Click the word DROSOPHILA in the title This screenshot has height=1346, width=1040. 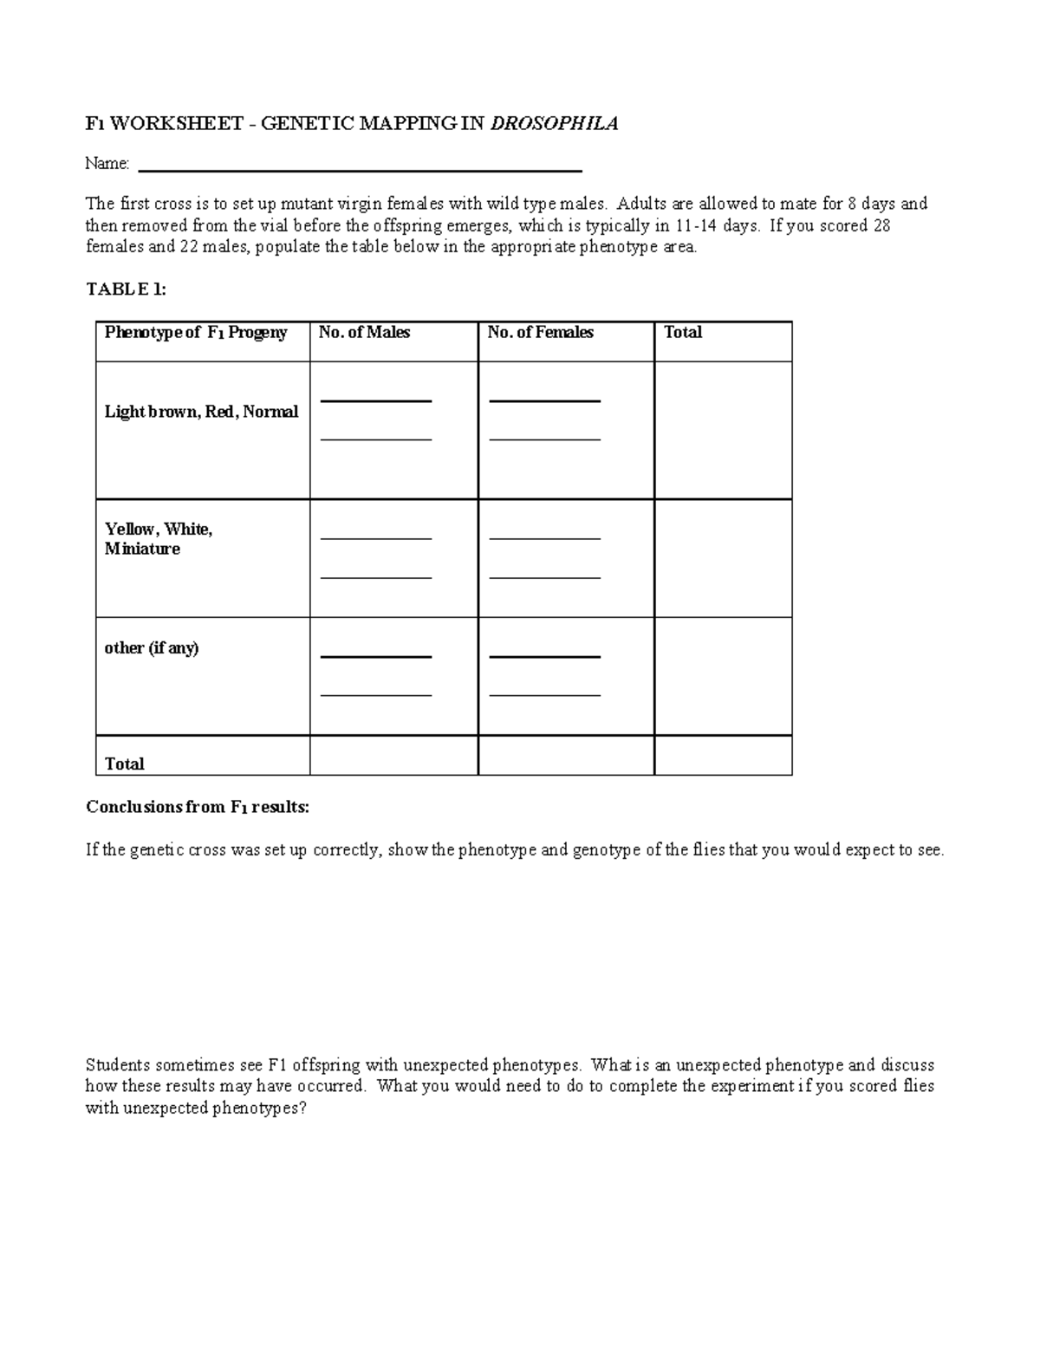[x=555, y=124]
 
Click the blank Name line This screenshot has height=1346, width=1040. [x=360, y=165]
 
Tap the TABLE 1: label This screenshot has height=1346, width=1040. [x=126, y=289]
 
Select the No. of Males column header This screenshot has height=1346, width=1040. [x=364, y=333]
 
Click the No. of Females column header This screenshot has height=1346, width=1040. [x=540, y=333]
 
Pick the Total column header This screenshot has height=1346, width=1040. [x=683, y=333]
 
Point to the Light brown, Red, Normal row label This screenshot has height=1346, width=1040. [x=201, y=413]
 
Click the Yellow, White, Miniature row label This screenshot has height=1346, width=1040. [x=159, y=539]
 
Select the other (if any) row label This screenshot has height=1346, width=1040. [x=152, y=648]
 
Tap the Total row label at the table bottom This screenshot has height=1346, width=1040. [x=124, y=764]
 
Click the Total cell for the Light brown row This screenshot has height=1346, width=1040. [x=723, y=430]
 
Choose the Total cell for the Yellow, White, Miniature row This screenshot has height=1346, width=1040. [x=723, y=558]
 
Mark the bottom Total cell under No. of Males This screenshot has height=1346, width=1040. [x=393, y=756]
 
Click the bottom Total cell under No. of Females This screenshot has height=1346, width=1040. [x=566, y=756]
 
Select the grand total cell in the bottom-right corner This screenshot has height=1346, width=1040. [x=723, y=756]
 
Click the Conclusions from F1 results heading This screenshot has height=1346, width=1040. [x=197, y=807]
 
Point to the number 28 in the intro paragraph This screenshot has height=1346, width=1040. [x=881, y=225]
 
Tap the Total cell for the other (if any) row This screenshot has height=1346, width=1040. [x=723, y=676]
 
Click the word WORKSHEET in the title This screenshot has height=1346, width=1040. [x=176, y=124]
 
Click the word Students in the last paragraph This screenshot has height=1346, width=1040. [x=117, y=1065]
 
